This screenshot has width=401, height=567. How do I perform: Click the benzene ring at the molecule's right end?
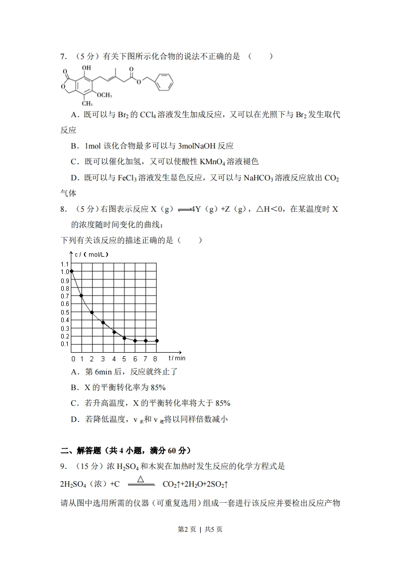(164, 82)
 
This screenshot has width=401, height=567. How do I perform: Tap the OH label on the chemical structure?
(86, 67)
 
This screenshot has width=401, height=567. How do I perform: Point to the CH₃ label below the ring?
(80, 104)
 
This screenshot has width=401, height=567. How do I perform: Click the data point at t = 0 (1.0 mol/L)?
(72, 271)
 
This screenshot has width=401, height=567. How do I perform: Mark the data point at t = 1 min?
(82, 296)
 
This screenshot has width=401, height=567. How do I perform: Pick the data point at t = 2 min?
(92, 312)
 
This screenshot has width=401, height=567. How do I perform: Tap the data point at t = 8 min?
(156, 341)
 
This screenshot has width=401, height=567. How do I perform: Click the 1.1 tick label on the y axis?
(64, 264)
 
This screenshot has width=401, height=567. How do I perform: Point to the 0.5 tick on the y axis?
(64, 312)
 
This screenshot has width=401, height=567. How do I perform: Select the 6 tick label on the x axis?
(135, 359)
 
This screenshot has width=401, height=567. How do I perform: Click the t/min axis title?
(177, 358)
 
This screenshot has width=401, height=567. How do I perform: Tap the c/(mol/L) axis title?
(91, 254)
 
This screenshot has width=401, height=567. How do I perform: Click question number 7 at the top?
(63, 57)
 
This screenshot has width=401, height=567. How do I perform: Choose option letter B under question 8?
(74, 387)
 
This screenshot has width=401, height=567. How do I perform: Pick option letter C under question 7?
(74, 162)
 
